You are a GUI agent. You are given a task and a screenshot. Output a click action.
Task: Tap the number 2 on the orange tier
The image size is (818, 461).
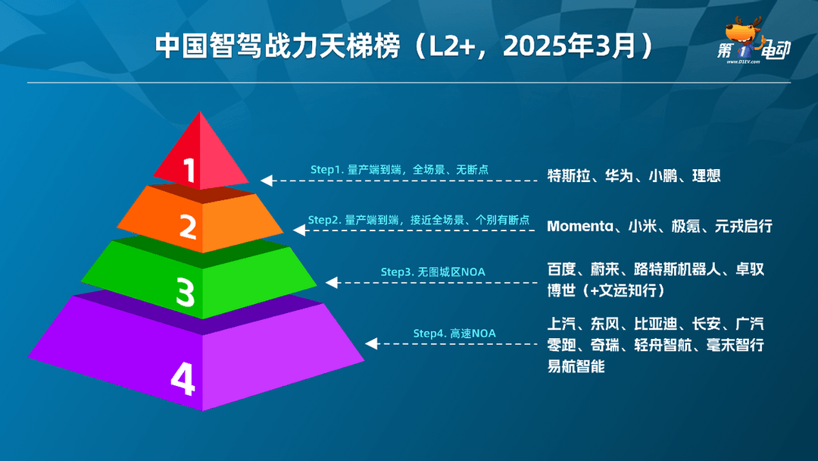[189, 227]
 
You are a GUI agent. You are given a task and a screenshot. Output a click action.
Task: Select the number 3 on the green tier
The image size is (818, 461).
[186, 292]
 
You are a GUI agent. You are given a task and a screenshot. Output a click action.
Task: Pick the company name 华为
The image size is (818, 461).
[619, 176]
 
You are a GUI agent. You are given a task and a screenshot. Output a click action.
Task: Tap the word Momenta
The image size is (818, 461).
[580, 227]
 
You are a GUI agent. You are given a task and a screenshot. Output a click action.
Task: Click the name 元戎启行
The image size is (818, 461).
[744, 227]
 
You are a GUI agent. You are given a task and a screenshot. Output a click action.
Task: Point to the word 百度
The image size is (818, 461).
[561, 269]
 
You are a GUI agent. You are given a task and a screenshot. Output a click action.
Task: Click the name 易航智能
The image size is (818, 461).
[576, 366]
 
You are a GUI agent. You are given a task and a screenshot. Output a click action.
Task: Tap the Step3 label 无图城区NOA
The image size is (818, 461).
[451, 272]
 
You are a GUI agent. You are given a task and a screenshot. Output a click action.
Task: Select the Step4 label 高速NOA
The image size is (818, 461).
[473, 334]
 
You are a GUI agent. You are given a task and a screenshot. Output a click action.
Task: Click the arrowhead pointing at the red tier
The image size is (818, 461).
[267, 180]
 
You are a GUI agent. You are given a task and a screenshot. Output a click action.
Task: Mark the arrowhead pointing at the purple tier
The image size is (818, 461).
[371, 343]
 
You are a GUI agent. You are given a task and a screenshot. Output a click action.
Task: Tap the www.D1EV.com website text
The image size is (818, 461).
[744, 61]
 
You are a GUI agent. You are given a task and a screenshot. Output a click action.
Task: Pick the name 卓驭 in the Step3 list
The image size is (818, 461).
[750, 269]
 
